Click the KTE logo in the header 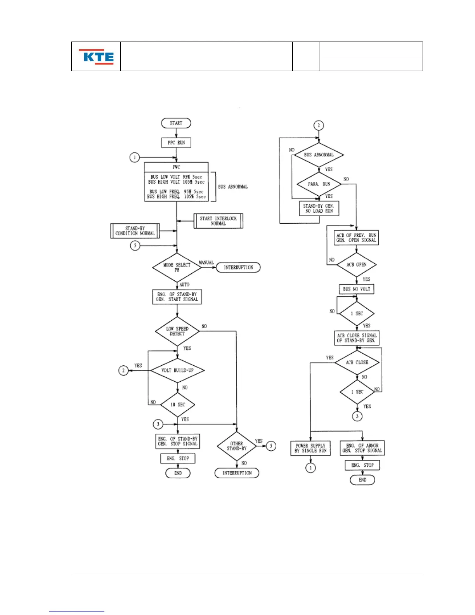(96, 57)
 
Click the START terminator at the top (176, 123)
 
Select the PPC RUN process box (176, 143)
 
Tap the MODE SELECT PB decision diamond (177, 268)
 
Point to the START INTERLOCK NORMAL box (218, 221)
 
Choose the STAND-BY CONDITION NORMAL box (135, 231)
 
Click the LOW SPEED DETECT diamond (177, 331)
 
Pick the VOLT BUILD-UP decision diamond (177, 370)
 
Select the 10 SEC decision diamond (178, 405)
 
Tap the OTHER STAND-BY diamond (237, 446)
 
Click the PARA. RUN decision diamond (319, 184)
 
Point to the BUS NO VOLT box (357, 289)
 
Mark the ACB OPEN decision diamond (356, 265)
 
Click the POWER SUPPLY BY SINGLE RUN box (310, 448)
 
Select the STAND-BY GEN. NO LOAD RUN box (319, 208)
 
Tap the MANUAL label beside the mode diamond (206, 263)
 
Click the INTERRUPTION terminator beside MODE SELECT (238, 268)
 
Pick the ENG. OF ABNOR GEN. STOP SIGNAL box (362, 448)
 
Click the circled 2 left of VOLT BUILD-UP (123, 370)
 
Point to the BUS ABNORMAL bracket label (233, 187)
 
